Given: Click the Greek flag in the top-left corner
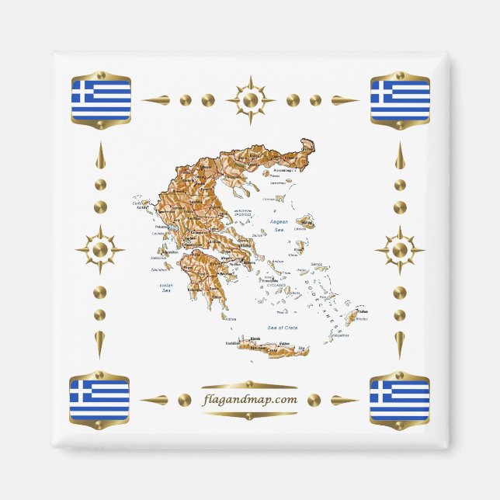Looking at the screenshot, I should (101, 99).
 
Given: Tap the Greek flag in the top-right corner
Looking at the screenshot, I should (400, 99).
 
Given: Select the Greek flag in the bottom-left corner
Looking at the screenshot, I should (99, 399).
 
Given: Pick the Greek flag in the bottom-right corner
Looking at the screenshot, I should (399, 399).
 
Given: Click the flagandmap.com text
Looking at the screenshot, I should (249, 400).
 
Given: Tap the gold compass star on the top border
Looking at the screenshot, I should (250, 99).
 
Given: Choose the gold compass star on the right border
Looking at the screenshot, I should (399, 250).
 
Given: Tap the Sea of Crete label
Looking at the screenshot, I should (283, 328).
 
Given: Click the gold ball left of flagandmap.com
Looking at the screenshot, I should (184, 400).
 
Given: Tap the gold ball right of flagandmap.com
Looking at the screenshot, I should (314, 400).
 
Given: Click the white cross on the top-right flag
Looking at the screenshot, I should (379, 92).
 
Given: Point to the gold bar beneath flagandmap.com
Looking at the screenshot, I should (249, 414).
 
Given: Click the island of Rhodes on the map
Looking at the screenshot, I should (352, 318).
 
